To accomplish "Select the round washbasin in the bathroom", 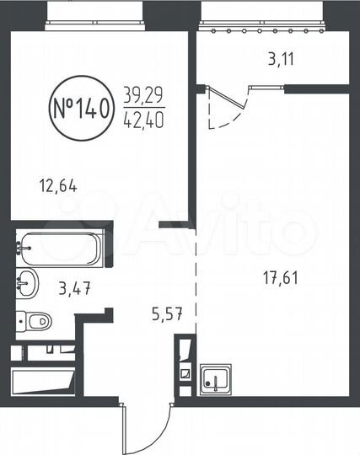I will coord(26,283).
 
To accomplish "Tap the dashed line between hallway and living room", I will coord(197,278).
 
